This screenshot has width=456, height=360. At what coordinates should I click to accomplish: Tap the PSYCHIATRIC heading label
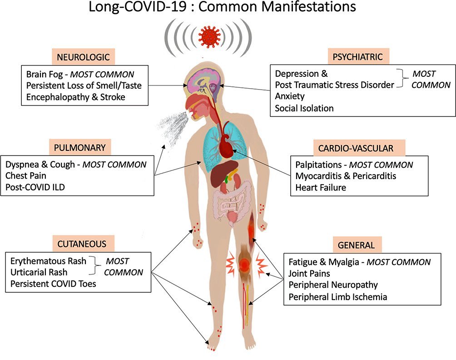[357, 57]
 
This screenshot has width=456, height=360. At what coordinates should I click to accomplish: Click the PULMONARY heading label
[79, 147]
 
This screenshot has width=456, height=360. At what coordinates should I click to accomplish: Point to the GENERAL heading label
[356, 245]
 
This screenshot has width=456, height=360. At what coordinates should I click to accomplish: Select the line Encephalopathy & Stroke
[75, 97]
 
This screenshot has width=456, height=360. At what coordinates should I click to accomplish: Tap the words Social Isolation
[304, 108]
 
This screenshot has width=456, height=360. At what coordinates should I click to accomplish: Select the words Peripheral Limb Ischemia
[338, 297]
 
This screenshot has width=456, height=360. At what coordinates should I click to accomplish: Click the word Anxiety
[290, 96]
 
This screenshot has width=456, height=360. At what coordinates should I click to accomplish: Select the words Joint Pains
[309, 274]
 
